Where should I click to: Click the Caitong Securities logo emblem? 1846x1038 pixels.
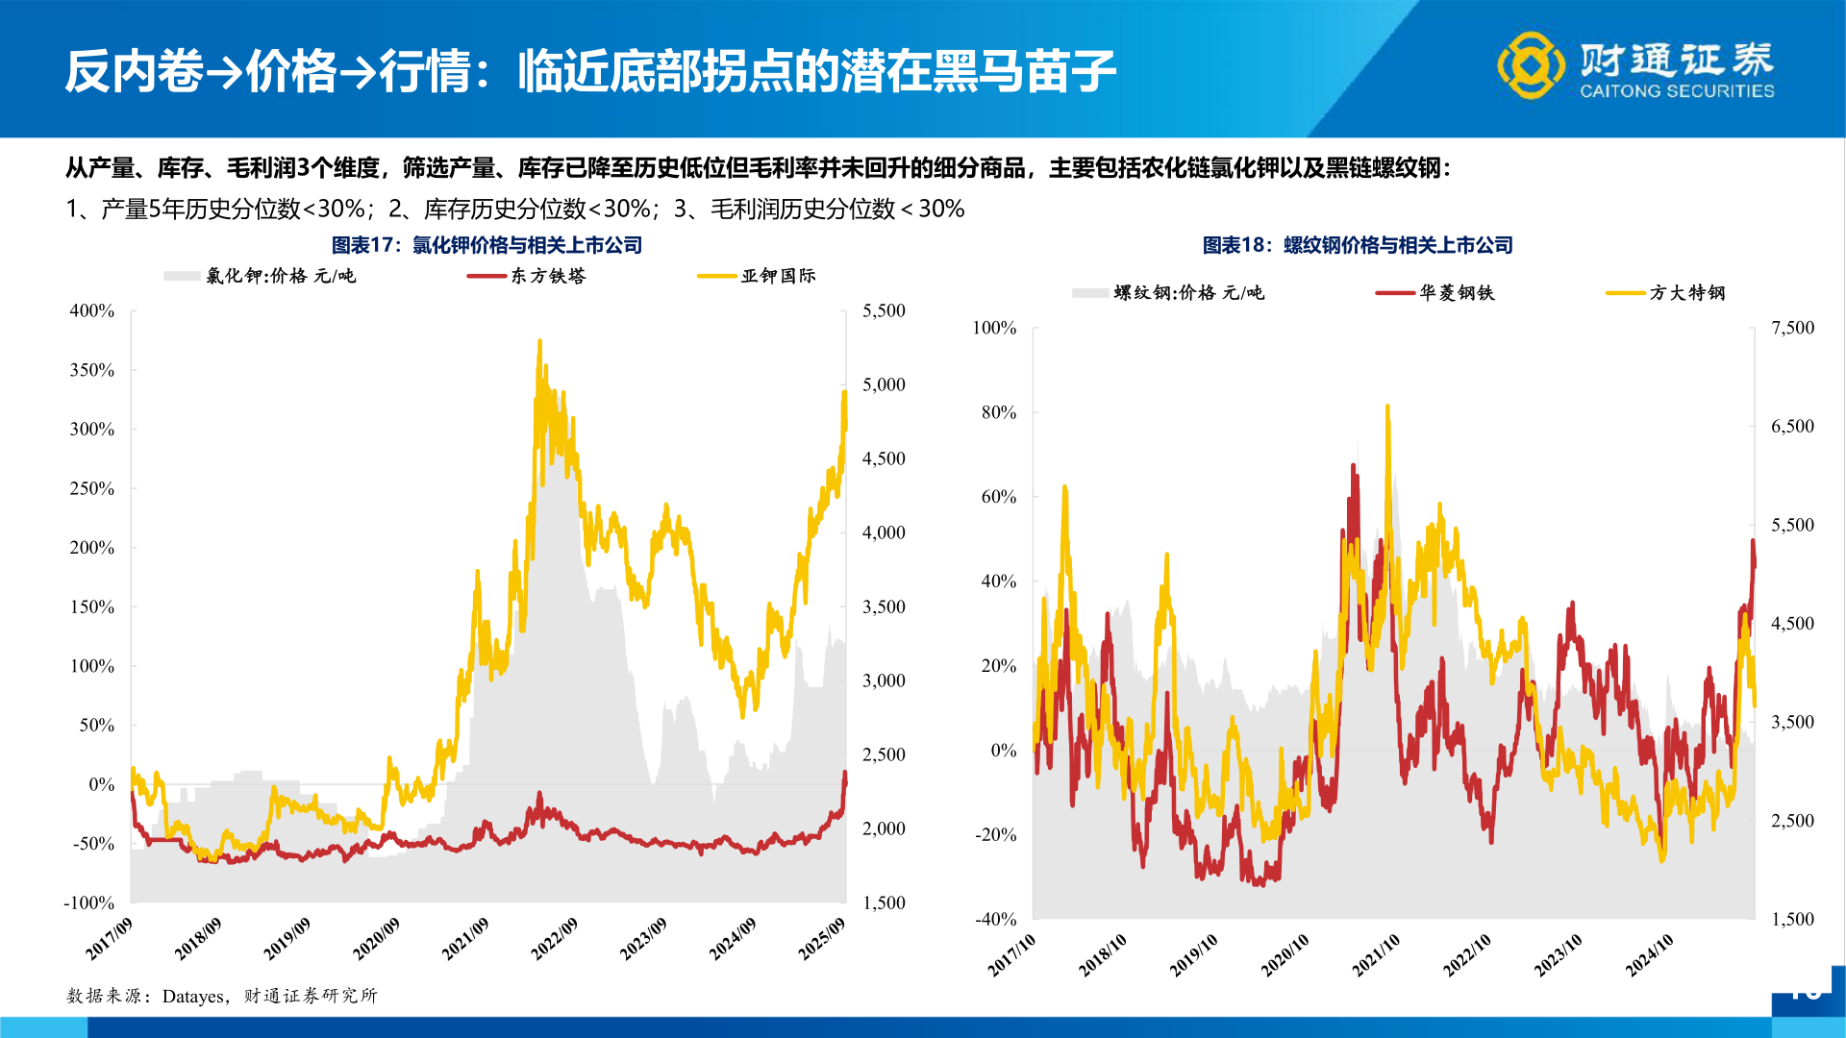pos(1531,65)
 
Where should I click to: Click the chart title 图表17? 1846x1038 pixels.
pos(486,245)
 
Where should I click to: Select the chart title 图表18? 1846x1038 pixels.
pos(1358,245)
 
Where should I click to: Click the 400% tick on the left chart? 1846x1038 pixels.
pos(92,310)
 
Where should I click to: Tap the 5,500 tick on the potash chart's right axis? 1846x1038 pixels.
pos(884,310)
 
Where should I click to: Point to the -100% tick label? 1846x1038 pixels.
pos(89,902)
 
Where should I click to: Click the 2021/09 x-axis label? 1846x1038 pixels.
pos(465,938)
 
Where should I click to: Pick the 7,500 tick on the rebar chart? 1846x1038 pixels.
pos(1792,328)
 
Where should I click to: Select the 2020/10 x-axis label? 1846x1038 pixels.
pos(1285,954)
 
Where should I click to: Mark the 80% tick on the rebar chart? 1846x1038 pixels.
pos(999,412)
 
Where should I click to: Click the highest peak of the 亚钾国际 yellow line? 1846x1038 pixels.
pos(539,341)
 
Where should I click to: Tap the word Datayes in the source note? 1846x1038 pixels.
pos(193,996)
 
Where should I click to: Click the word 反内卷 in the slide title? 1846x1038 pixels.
pos(134,71)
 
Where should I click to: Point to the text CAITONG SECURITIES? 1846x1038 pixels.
pos(1677,91)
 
